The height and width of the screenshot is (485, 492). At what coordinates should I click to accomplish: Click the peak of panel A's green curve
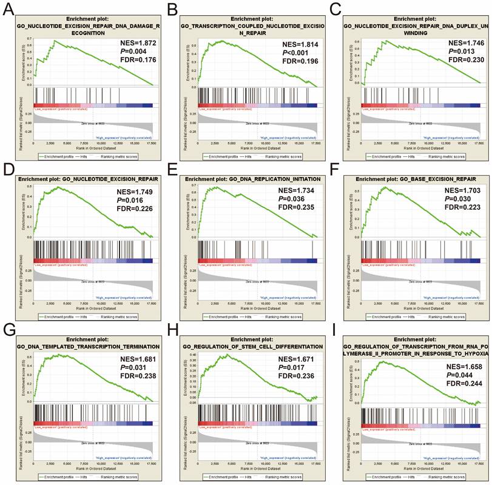pos(55,41)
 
